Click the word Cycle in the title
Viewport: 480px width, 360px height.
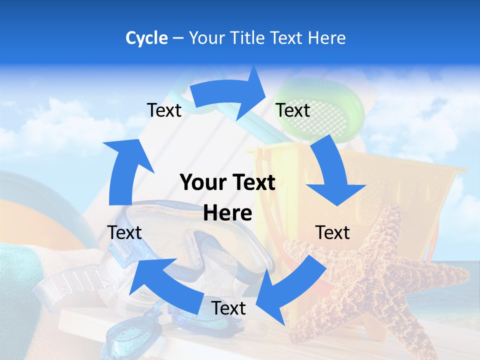tap(146, 38)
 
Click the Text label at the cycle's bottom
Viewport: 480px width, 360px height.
tap(228, 308)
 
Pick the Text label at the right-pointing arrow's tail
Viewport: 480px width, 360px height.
tap(164, 110)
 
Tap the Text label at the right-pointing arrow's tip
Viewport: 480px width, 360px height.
tap(293, 110)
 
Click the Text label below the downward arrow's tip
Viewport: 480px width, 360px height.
tap(332, 232)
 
